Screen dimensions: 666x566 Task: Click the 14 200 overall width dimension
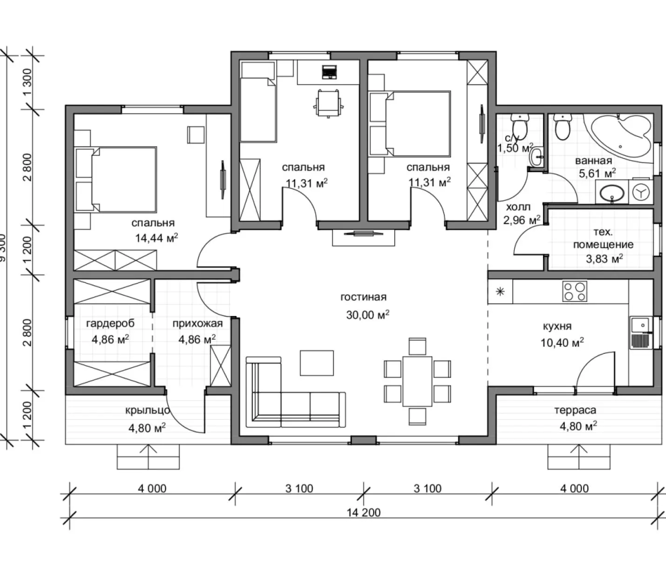[x=363, y=512]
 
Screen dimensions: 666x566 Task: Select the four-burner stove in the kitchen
[x=575, y=291]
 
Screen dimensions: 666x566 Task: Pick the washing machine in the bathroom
[x=641, y=192]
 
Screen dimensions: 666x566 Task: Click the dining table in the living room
[x=417, y=381]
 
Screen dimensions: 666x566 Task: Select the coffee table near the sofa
[x=317, y=363]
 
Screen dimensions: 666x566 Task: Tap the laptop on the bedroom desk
[x=329, y=72]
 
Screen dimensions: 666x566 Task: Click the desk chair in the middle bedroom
[x=328, y=103]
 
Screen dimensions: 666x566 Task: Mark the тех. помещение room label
[x=603, y=238]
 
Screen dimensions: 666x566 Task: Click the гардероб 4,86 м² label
[x=110, y=331]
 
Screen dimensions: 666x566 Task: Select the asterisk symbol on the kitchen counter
[x=500, y=292]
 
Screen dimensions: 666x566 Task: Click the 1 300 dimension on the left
[x=27, y=82]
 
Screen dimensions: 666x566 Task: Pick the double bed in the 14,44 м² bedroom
[x=116, y=179]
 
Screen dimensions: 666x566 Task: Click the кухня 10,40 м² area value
[x=562, y=343]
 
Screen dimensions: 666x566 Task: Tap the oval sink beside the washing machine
[x=612, y=193]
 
